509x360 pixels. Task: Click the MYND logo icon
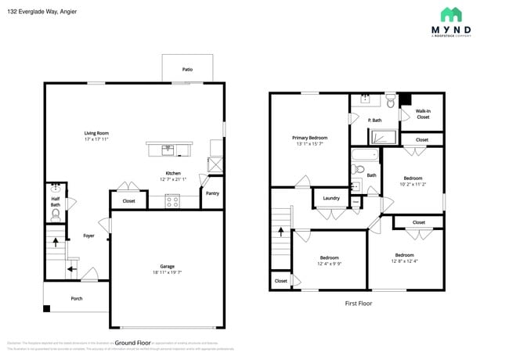(x=451, y=14)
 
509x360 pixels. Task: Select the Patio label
(x=187, y=70)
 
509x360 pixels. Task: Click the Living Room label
(x=96, y=133)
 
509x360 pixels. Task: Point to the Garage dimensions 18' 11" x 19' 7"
(x=167, y=273)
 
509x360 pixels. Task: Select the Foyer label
(x=88, y=236)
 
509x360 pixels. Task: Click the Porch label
(x=77, y=298)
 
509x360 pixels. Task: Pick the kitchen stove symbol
(x=172, y=201)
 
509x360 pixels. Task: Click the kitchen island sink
(x=167, y=148)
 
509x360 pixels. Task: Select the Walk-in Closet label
(x=422, y=113)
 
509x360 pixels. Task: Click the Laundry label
(x=330, y=198)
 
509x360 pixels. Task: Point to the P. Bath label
(x=374, y=120)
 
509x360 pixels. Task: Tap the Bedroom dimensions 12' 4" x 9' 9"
(x=329, y=264)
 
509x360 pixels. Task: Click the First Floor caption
(x=358, y=303)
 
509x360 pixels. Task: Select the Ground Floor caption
(x=133, y=342)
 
